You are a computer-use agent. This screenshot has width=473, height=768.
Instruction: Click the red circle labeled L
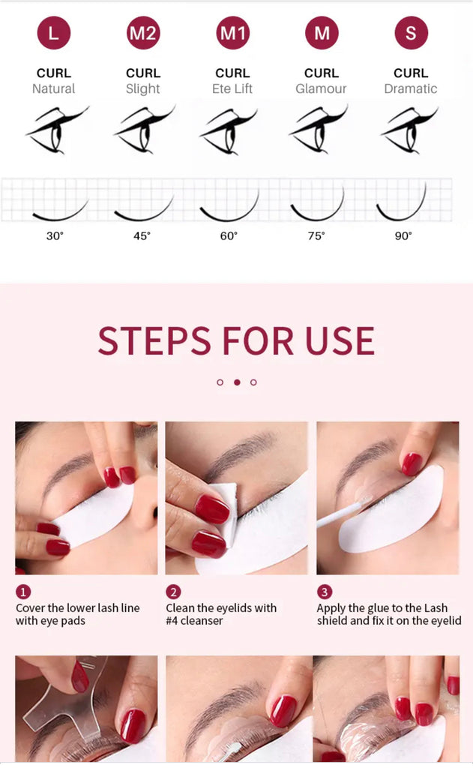click(53, 33)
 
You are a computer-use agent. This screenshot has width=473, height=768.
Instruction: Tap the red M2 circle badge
click(143, 33)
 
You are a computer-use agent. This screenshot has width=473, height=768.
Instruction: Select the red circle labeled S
click(411, 33)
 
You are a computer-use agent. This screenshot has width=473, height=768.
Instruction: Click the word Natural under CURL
click(53, 88)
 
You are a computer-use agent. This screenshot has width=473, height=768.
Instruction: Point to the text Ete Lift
click(232, 88)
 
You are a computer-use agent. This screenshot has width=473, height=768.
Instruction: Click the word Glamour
click(322, 88)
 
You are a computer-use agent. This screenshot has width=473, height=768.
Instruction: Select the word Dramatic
click(411, 88)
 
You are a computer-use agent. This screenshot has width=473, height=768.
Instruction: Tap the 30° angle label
click(55, 235)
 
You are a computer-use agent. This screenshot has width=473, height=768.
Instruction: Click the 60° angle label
click(229, 235)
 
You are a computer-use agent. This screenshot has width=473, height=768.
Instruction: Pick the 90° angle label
click(403, 235)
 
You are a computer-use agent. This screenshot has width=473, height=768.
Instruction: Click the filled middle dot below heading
click(237, 382)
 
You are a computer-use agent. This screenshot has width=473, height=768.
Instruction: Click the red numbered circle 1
click(23, 592)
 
